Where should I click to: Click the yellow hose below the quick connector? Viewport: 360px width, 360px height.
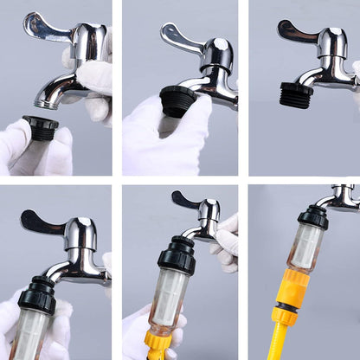click(285, 341)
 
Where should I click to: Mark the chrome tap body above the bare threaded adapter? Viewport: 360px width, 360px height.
click(333, 52)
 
